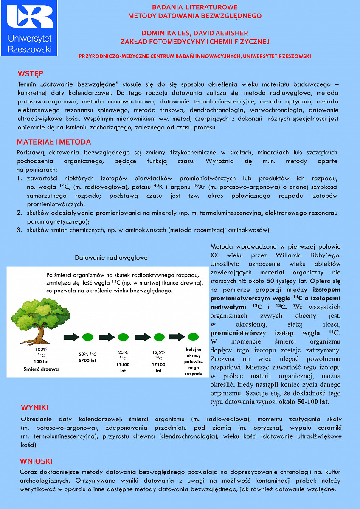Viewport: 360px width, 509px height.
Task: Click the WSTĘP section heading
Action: point(31,73)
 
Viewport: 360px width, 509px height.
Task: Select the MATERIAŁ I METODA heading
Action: point(54,142)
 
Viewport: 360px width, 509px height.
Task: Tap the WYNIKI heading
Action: point(34,408)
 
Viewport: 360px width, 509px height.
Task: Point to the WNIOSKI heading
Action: point(36,461)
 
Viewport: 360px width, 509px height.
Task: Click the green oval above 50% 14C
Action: point(87,337)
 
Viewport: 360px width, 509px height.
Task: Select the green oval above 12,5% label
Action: point(158,337)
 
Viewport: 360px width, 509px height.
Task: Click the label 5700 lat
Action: point(87,361)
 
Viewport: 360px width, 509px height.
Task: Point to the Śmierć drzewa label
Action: point(41,369)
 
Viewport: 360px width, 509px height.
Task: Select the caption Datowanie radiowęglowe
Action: point(111,257)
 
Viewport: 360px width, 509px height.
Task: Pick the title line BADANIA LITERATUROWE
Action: point(195,7)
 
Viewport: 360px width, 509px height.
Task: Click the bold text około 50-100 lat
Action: point(304,401)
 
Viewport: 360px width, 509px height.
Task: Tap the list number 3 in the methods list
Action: point(19,230)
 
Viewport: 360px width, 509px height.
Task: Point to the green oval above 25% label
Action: point(123,337)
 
